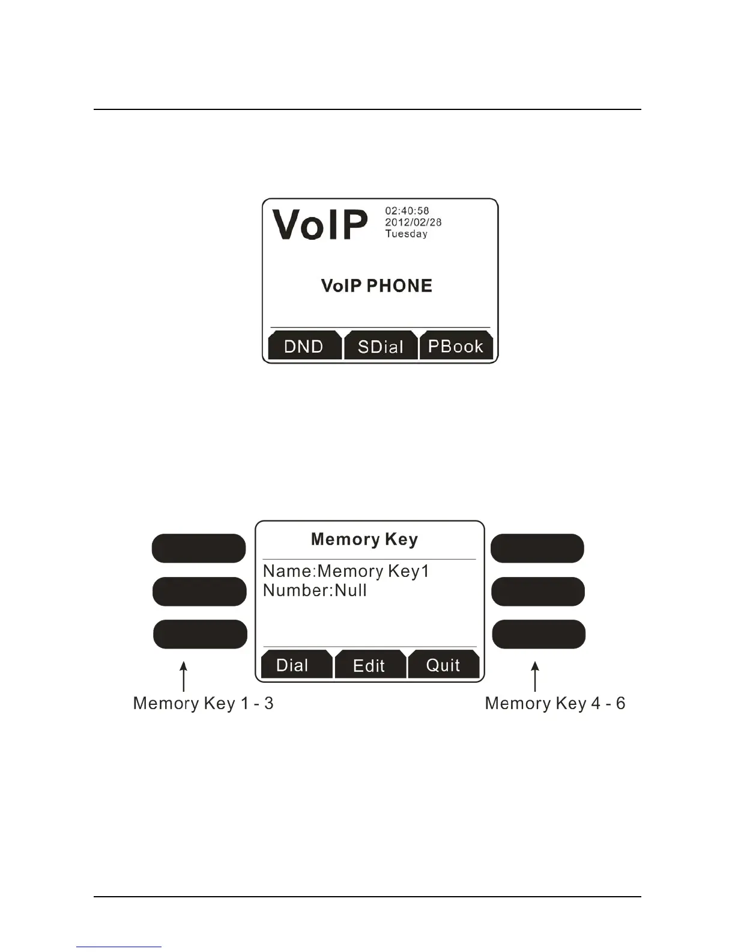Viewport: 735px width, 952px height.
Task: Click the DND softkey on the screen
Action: click(x=304, y=346)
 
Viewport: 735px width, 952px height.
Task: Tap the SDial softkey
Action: click(x=380, y=347)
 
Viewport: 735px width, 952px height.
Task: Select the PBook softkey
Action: click(x=456, y=346)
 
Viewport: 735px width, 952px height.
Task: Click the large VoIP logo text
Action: click(x=319, y=225)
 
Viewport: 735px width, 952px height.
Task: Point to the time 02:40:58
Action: click(x=407, y=211)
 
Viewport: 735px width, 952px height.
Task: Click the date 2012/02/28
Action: click(x=413, y=222)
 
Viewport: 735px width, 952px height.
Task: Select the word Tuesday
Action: click(x=407, y=234)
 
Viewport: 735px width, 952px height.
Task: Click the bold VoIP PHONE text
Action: click(x=377, y=285)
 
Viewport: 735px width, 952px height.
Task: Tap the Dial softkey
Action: click(x=292, y=665)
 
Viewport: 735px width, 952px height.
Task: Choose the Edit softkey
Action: click(x=369, y=666)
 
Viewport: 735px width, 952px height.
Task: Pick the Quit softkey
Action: click(x=443, y=665)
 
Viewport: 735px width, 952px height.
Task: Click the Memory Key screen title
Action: click(x=364, y=540)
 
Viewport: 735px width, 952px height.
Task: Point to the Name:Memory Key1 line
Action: click(x=346, y=571)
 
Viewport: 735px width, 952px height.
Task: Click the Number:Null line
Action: click(x=315, y=590)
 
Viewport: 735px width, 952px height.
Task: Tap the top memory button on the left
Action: click(x=199, y=548)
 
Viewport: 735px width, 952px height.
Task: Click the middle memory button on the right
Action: click(x=538, y=591)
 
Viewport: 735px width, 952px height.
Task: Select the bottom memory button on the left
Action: click(x=200, y=634)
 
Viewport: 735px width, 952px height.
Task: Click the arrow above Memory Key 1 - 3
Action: click(x=184, y=677)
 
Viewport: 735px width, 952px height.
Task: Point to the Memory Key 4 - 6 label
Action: click(x=555, y=703)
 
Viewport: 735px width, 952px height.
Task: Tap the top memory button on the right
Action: click(x=537, y=548)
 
